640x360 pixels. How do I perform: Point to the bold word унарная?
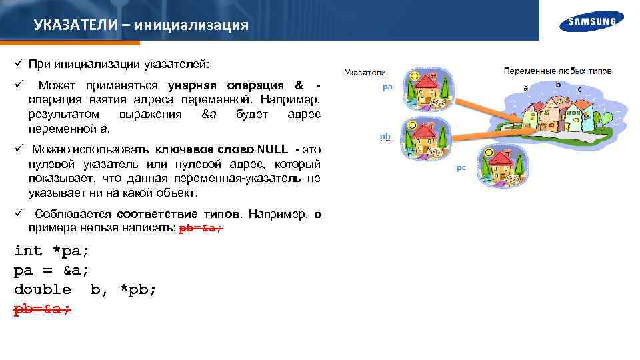pos(195,85)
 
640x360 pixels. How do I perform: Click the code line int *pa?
pos(51,251)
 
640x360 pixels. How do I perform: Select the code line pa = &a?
pos(51,270)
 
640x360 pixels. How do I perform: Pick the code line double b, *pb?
pos(85,289)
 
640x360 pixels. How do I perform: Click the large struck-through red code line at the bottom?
pos(43,309)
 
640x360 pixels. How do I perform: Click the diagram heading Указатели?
pos(365,72)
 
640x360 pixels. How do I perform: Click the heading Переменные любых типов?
pos(557,71)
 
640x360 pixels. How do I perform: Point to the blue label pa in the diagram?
pos(387,87)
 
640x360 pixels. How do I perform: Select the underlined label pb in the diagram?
pos(385,136)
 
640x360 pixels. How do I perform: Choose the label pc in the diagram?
pos(461,168)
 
